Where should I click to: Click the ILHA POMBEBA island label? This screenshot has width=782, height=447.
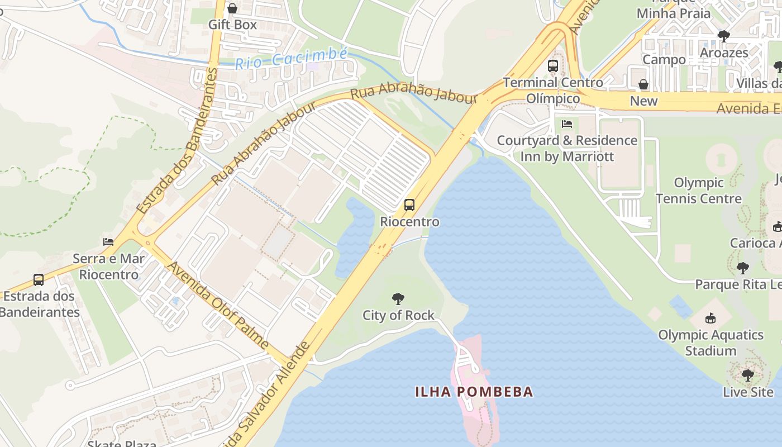pyautogui.click(x=474, y=392)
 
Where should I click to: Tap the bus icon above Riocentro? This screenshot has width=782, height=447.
pyautogui.click(x=409, y=205)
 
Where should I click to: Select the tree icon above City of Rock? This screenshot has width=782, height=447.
pyautogui.click(x=398, y=299)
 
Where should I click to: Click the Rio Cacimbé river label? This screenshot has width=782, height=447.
pyautogui.click(x=291, y=58)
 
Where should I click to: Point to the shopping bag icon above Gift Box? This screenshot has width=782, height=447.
pyautogui.click(x=232, y=8)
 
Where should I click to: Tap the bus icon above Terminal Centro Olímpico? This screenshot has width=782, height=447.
pyautogui.click(x=553, y=66)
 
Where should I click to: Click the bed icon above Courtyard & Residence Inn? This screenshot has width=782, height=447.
pyautogui.click(x=567, y=123)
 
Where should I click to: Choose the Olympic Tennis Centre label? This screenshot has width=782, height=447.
pyautogui.click(x=698, y=191)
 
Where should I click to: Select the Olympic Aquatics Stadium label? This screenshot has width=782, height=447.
pyautogui.click(x=711, y=343)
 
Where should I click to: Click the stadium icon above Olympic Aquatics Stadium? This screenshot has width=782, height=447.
pyautogui.click(x=711, y=318)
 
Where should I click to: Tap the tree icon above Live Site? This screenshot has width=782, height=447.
pyautogui.click(x=748, y=375)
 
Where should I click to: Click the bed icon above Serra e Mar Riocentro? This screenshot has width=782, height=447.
pyautogui.click(x=108, y=242)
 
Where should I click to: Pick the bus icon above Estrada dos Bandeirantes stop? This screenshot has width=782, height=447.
pyautogui.click(x=39, y=279)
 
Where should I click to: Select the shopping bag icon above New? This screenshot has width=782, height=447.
pyautogui.click(x=643, y=84)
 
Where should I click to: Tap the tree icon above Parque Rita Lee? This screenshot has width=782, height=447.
pyautogui.click(x=742, y=268)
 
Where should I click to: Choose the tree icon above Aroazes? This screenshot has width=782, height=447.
pyautogui.click(x=724, y=36)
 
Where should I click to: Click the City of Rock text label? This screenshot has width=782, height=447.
pyautogui.click(x=398, y=315)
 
